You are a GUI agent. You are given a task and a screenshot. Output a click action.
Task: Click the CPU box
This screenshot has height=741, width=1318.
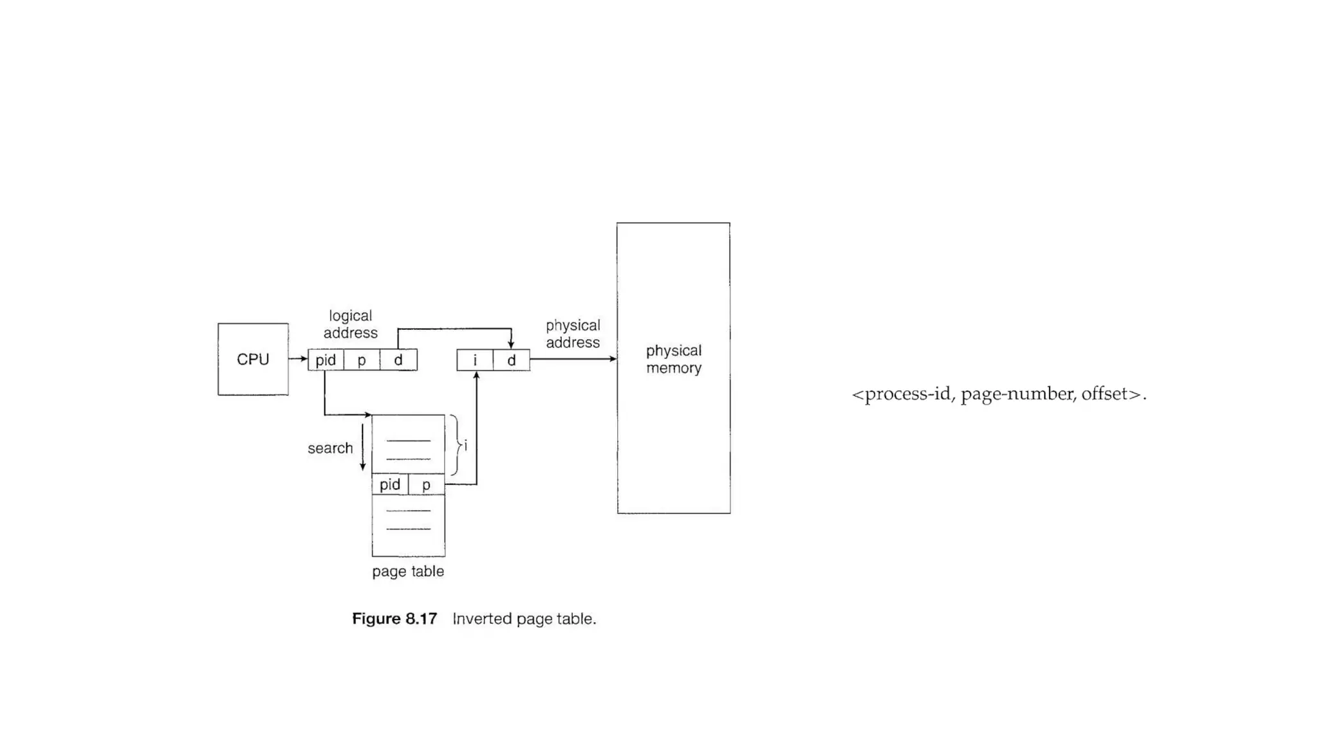coord(253,359)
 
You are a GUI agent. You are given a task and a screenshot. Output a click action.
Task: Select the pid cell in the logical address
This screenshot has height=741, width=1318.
coord(326,360)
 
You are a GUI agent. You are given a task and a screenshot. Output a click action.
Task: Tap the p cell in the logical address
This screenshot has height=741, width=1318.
coord(362,360)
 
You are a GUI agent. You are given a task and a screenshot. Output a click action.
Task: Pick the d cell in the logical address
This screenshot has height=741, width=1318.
coord(398,360)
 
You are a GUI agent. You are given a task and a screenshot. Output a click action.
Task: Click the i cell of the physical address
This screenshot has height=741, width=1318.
coord(475,360)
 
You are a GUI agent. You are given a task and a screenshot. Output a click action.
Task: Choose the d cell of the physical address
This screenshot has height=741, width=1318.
coord(512,360)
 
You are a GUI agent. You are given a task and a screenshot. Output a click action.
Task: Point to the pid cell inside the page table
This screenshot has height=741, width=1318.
coord(390,484)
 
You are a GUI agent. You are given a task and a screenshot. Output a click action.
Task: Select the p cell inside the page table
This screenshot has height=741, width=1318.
coord(426,484)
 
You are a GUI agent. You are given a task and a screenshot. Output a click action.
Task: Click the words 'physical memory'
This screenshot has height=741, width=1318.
coord(674,359)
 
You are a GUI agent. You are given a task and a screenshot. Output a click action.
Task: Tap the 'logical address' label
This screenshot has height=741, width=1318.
coord(350,324)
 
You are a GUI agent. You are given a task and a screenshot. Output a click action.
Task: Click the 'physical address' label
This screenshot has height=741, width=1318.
coord(573,334)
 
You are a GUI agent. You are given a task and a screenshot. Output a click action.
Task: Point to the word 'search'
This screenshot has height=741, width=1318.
coord(330,448)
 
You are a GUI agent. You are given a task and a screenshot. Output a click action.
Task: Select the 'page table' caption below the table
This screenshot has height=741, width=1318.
coord(408,571)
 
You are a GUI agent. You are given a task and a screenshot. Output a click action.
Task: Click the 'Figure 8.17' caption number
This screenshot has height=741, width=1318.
coord(394,619)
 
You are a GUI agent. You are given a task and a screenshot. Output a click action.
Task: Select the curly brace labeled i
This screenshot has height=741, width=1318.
coord(456,445)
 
